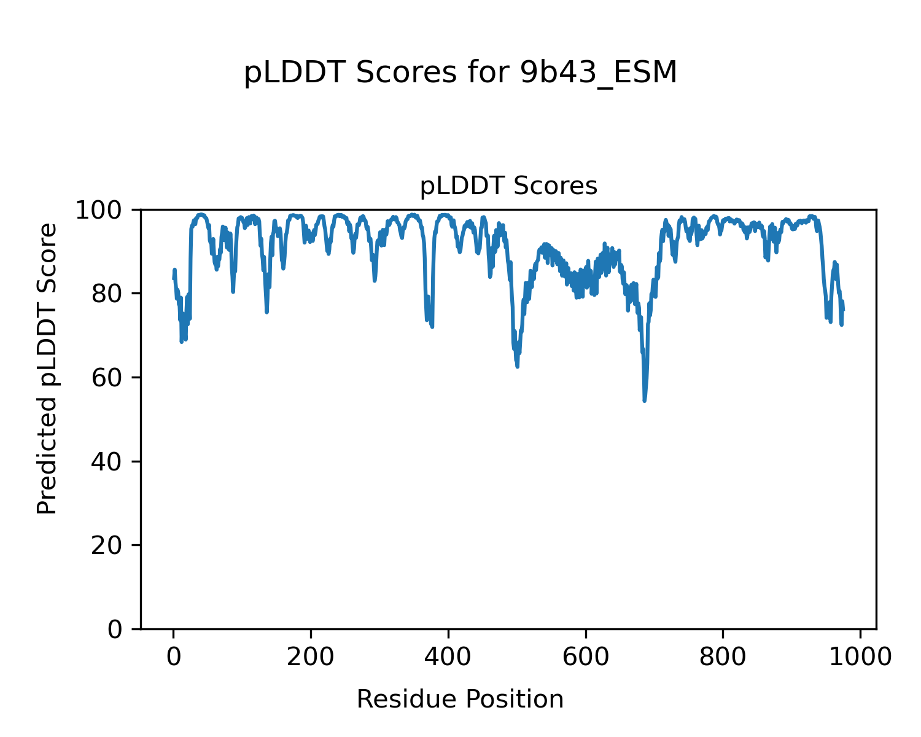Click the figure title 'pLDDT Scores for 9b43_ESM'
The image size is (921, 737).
(x=460, y=74)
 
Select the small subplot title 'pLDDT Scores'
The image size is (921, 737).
(x=508, y=186)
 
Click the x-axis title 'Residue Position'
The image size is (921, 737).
(x=460, y=700)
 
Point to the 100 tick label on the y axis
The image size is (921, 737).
(x=104, y=211)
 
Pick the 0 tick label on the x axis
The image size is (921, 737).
(x=174, y=657)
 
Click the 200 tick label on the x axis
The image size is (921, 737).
(x=311, y=657)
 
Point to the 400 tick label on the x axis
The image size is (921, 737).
(x=448, y=657)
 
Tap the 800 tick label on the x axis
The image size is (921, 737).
(x=723, y=657)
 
